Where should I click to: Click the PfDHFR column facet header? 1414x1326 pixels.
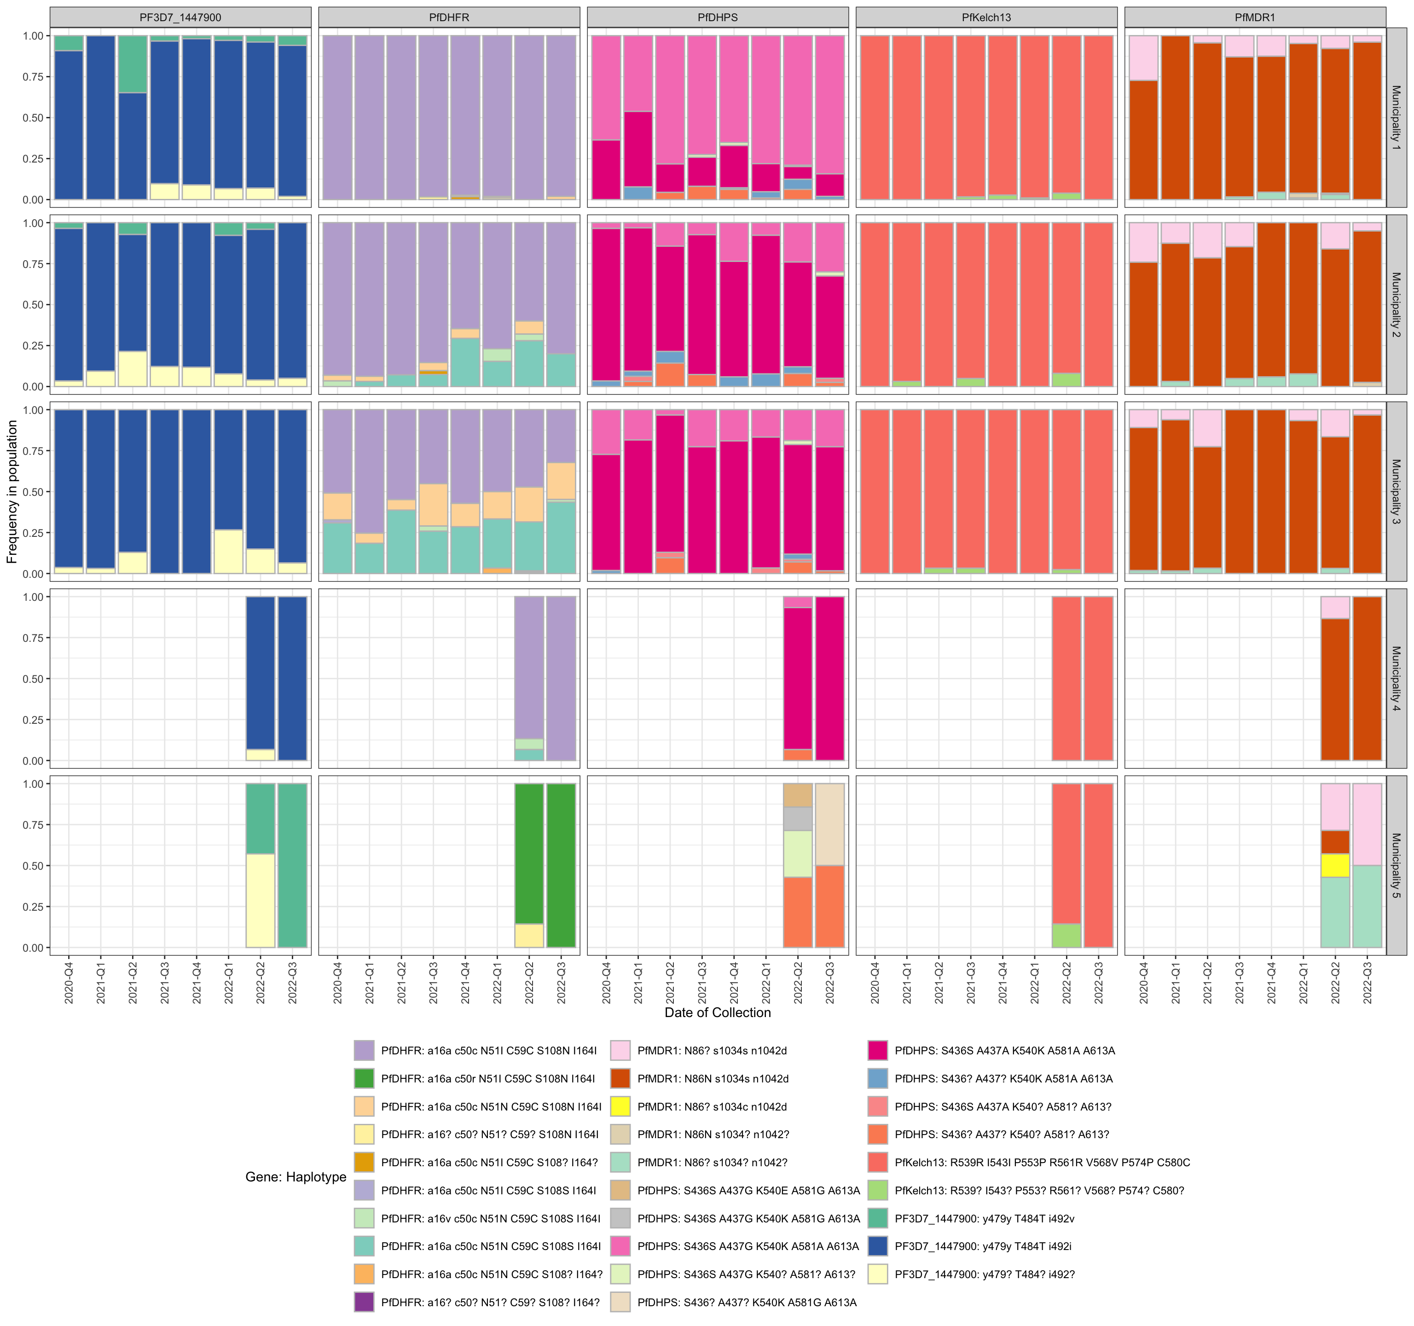click(x=449, y=17)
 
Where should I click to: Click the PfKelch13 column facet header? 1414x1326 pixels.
click(x=986, y=17)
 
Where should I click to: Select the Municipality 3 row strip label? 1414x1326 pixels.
click(x=1396, y=492)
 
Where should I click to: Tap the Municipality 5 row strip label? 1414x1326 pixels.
click(x=1396, y=865)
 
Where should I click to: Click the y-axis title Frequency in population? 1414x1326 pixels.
click(x=12, y=492)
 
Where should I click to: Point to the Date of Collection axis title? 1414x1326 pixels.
click(x=717, y=1012)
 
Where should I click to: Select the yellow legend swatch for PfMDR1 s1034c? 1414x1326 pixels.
click(x=620, y=1107)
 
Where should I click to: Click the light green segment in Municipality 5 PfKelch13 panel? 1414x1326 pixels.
click(x=1066, y=935)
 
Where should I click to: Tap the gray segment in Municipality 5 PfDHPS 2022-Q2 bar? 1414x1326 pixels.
click(x=797, y=818)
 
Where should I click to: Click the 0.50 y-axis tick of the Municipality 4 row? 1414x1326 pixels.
click(x=33, y=679)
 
